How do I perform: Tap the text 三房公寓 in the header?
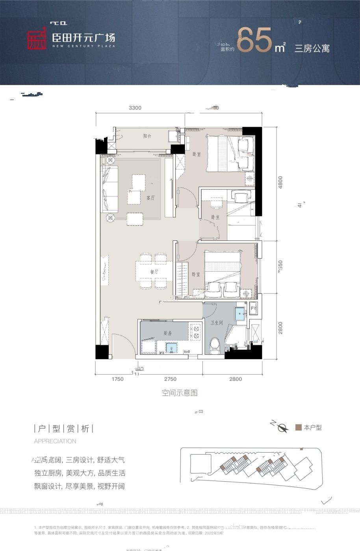click(x=312, y=49)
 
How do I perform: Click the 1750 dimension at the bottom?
click(x=117, y=379)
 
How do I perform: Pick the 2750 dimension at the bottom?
click(x=170, y=379)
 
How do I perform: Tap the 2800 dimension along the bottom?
click(x=235, y=379)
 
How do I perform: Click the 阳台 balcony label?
click(x=147, y=136)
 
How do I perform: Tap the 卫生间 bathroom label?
click(x=217, y=323)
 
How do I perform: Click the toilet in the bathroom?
click(x=215, y=345)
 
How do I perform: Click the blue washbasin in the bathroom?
click(x=239, y=314)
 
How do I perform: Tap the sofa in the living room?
click(x=109, y=189)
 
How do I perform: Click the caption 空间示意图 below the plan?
click(x=179, y=393)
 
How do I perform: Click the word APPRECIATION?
click(x=55, y=441)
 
